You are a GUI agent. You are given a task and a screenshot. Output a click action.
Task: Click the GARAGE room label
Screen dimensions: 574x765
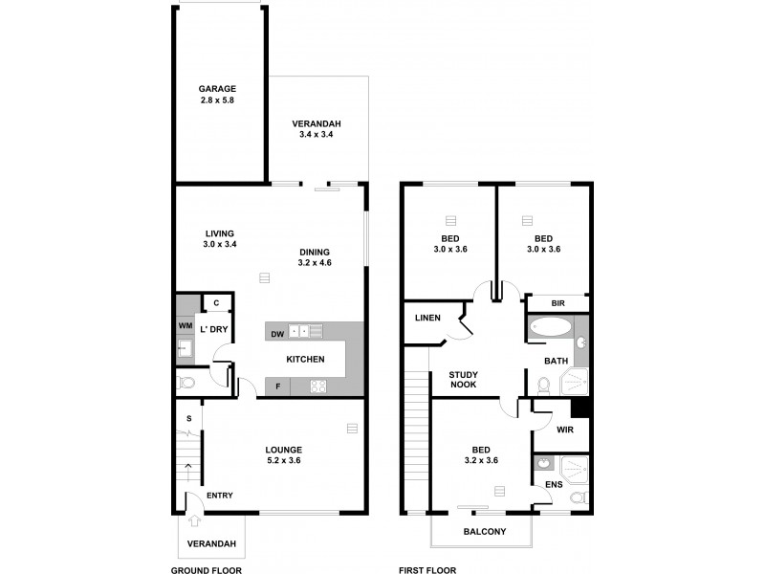tap(217, 88)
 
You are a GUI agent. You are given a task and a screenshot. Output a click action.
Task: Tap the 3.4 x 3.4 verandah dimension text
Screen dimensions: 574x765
tap(317, 136)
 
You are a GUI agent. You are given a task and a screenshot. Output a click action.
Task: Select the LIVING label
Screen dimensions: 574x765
tap(219, 232)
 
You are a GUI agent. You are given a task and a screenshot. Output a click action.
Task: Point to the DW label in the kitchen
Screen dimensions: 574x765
tap(276, 333)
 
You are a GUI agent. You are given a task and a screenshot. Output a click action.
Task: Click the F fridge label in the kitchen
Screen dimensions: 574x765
tap(277, 386)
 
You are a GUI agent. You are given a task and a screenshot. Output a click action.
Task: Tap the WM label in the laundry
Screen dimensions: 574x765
tap(185, 326)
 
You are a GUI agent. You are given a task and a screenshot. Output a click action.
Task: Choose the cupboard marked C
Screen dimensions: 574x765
tap(216, 303)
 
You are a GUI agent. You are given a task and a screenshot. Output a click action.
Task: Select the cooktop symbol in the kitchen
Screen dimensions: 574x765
tap(318, 386)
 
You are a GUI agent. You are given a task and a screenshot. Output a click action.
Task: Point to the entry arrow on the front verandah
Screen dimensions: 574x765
tap(195, 521)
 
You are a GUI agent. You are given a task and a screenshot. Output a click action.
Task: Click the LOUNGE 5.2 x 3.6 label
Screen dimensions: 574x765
tap(284, 455)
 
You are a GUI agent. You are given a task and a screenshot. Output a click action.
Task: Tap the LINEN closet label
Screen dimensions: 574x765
tap(426, 319)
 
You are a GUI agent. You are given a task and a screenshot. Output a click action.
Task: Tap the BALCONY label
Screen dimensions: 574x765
tap(484, 532)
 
